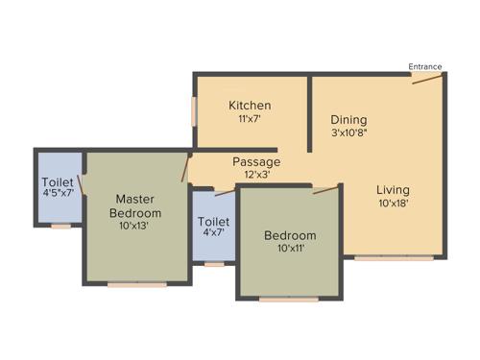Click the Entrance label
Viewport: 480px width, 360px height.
point(425,66)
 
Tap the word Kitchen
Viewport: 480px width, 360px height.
point(249,105)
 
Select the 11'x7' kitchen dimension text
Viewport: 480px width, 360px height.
point(249,119)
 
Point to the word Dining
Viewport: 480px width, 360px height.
point(349,119)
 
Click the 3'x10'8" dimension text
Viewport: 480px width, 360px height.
point(350,133)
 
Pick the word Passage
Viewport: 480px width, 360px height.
point(256,161)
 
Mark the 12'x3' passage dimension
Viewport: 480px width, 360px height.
point(256,176)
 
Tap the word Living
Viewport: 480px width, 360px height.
point(394,188)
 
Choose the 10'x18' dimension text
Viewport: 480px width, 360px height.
point(394,204)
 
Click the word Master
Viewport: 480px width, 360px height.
point(134,198)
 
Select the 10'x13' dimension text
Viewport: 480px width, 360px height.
point(134,227)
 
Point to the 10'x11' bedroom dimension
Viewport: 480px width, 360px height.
point(290,250)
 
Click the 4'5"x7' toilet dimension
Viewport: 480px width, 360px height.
point(58,192)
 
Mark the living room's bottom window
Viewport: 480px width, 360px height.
point(380,257)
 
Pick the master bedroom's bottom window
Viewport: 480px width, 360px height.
point(136,284)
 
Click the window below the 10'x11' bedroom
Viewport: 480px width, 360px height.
point(289,300)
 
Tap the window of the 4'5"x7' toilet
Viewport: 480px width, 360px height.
point(60,227)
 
